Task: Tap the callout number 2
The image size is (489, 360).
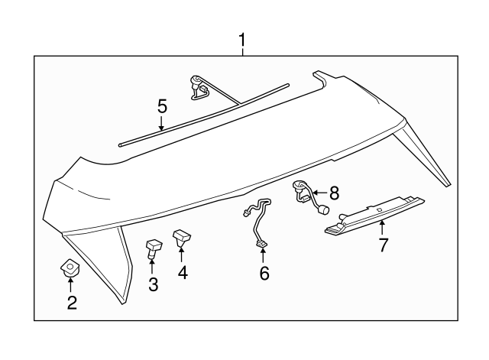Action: [x=72, y=303]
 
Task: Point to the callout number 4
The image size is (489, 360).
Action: [x=183, y=271]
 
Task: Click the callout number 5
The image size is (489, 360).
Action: [x=162, y=107]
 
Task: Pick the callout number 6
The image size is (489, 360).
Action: [x=264, y=272]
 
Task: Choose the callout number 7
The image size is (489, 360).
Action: [x=384, y=245]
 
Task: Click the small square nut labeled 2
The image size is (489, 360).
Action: [x=70, y=268]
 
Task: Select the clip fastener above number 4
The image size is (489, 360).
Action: [x=183, y=238]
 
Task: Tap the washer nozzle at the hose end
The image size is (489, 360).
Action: [x=198, y=86]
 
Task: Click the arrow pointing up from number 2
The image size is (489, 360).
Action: [x=71, y=284]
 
